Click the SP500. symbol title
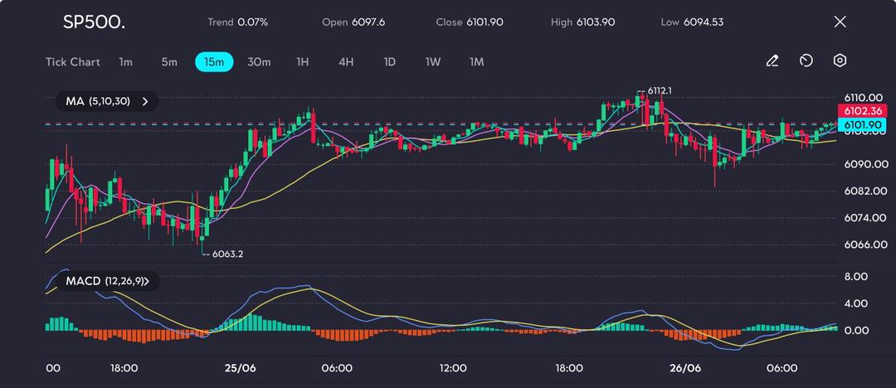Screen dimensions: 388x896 94,22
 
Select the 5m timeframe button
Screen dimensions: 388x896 169,61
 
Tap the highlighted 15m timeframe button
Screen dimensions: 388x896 214,61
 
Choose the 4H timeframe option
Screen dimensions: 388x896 346,61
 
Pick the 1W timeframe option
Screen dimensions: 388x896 433,61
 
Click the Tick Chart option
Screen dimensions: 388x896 73,61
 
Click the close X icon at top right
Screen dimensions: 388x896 840,22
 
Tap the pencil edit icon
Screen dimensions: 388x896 772,61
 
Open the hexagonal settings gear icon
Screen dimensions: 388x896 840,61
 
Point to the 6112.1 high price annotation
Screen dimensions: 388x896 660,90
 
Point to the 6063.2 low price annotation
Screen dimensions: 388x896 227,254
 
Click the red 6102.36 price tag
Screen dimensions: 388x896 862,111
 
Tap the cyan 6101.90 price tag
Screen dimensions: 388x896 862,124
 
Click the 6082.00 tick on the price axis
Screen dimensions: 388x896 862,191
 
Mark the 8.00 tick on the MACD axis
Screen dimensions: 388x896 856,276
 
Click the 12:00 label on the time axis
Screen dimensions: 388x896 453,368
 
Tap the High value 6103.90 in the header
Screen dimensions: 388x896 596,22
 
